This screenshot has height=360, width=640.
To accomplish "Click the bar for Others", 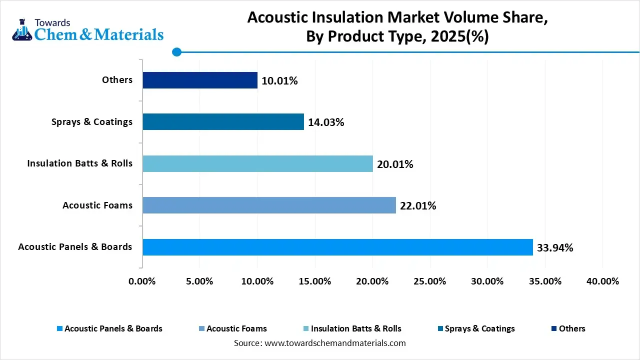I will pos(200,80).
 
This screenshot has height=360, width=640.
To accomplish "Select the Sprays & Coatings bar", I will pos(223,121).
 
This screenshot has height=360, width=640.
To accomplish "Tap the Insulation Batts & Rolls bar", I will pos(257,163).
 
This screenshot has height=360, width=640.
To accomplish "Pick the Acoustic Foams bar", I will pos(269,205).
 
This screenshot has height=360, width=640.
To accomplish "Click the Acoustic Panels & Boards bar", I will pos(337,247).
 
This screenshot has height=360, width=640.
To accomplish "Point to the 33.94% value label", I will pos(555,247).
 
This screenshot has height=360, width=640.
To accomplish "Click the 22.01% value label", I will pos(418,205).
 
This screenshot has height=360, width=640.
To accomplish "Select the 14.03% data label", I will pos(326,122).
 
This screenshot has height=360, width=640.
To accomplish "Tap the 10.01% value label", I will pos(279,80).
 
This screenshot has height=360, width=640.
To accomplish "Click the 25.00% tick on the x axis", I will pos(430,281).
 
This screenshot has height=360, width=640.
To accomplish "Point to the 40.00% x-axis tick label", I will pos(602,281).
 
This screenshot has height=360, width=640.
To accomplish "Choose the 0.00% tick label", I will pos(142,281).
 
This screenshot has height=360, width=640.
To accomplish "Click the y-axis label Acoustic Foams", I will pos(97,205).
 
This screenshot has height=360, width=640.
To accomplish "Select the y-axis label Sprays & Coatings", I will pos(92,121).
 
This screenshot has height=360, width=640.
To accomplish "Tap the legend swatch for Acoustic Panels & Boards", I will pos(60,329).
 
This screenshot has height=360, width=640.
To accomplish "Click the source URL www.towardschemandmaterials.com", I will pos(335,343).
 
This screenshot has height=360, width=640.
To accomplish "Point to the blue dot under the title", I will pos(176,51).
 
